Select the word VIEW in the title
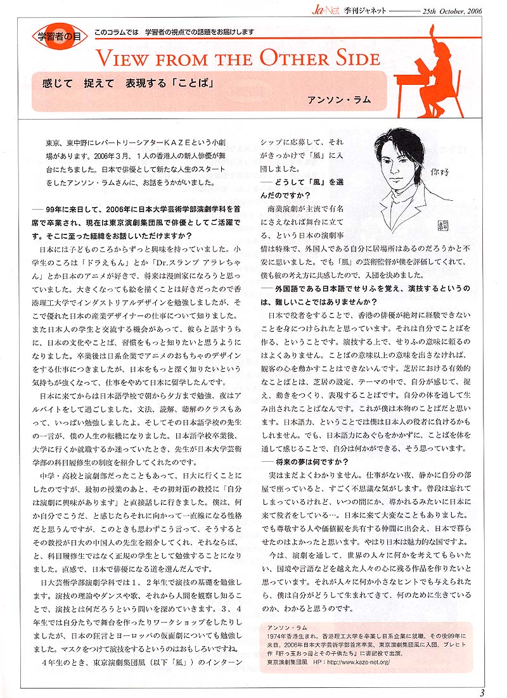[x=122, y=60]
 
